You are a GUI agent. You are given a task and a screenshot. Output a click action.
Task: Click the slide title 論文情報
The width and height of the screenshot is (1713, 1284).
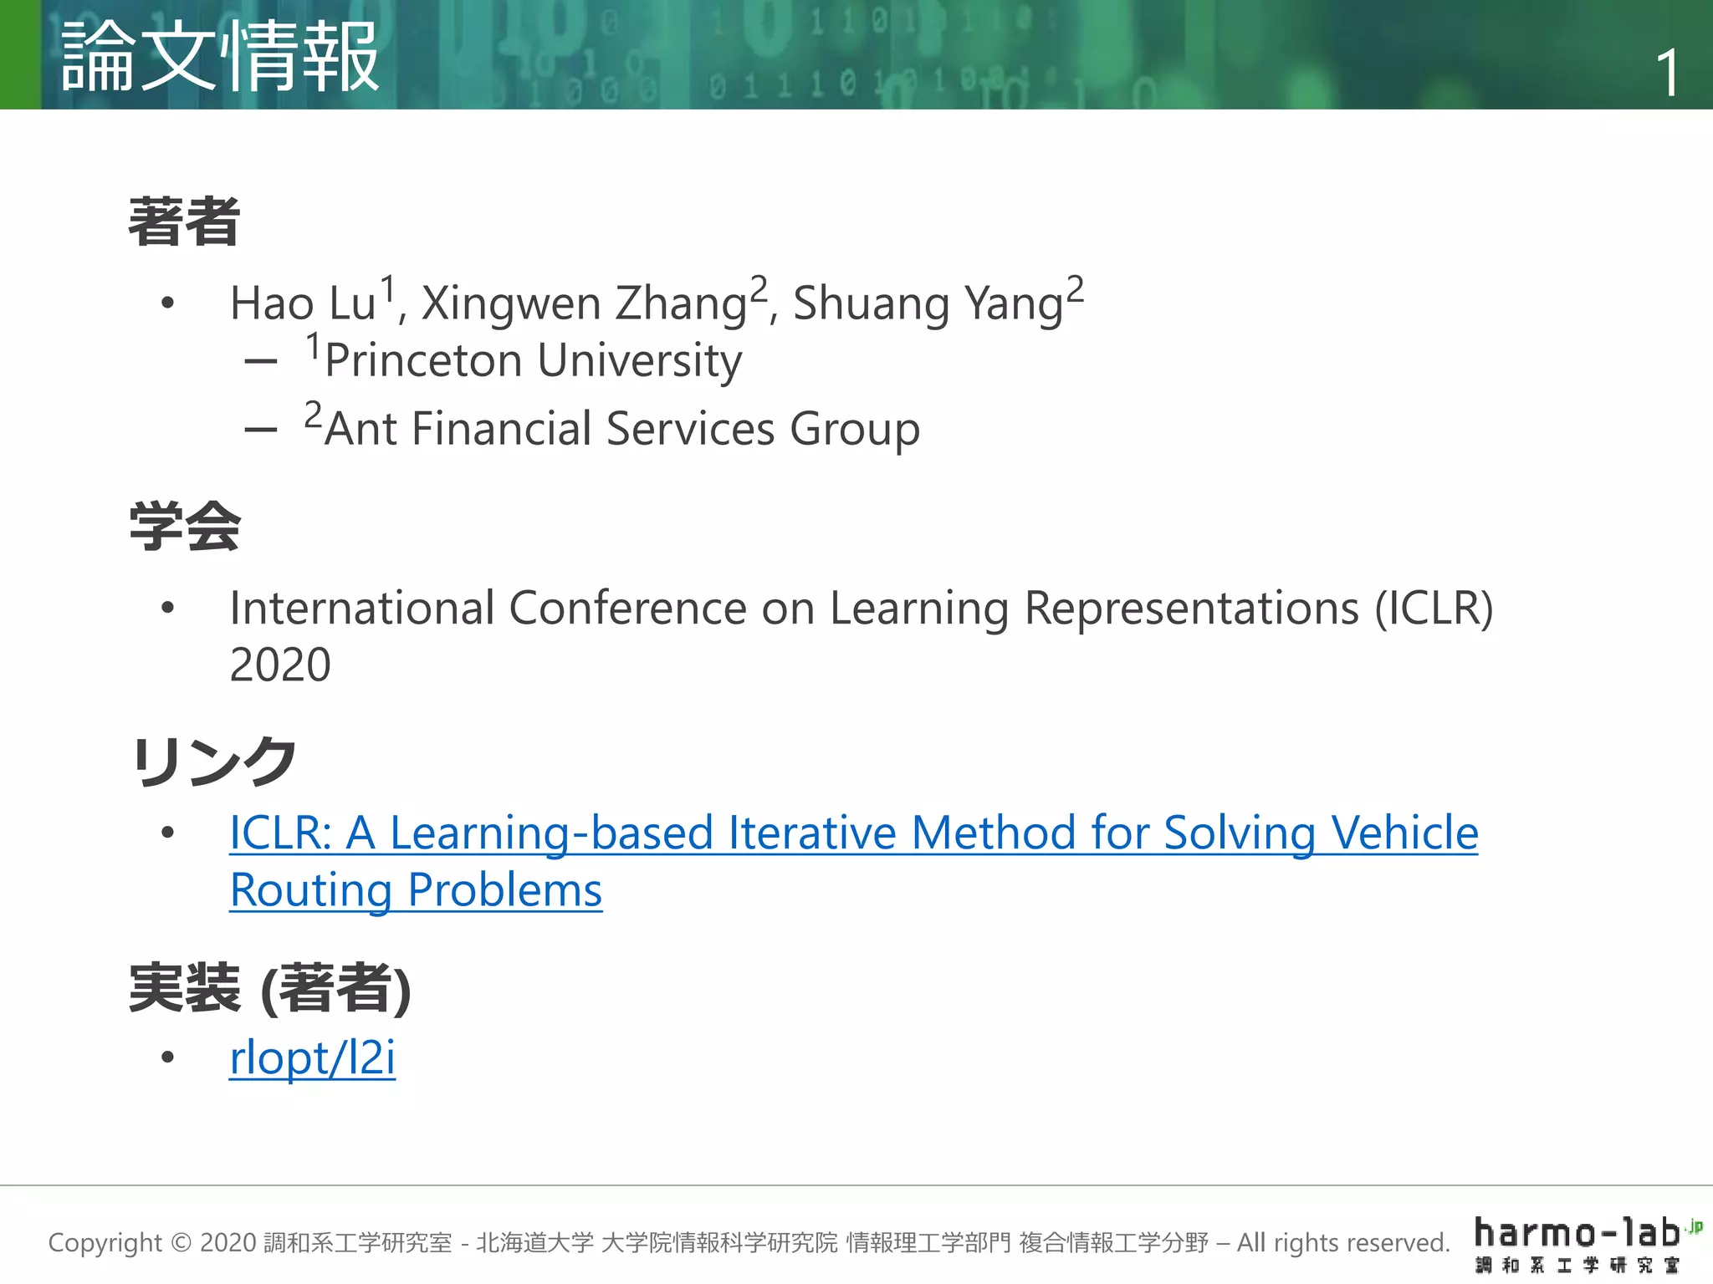[x=221, y=57]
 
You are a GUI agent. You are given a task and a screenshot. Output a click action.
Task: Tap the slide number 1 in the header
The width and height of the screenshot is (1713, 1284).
[x=1667, y=74]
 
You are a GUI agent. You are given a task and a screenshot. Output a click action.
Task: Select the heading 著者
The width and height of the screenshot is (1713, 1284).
[x=185, y=222]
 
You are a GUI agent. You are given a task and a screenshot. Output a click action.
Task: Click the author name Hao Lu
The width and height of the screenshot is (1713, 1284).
[x=303, y=303]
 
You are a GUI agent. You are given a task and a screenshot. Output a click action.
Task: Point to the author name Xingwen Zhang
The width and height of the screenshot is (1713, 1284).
[x=584, y=304]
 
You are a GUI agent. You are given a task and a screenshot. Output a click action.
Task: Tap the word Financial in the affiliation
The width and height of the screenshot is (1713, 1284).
[x=501, y=430]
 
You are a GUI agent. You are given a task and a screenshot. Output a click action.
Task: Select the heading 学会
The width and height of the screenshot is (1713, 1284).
[x=185, y=527]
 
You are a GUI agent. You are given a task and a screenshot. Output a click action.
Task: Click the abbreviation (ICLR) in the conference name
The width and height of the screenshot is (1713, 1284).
[x=1434, y=609]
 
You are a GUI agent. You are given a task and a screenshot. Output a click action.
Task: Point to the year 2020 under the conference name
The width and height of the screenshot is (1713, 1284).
[x=280, y=665]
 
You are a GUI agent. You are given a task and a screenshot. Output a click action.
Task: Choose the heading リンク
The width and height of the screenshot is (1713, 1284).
[x=213, y=761]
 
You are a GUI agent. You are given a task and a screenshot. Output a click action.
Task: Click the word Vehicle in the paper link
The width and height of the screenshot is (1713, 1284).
[x=1405, y=833]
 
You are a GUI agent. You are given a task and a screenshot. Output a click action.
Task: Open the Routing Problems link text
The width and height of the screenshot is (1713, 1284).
[x=416, y=890]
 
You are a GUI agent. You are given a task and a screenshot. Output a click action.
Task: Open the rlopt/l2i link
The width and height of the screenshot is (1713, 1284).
[x=312, y=1058]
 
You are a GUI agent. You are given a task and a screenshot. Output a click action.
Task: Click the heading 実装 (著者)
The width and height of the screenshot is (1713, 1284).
[x=269, y=988]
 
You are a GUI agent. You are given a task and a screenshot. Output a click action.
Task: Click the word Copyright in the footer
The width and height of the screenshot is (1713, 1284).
[x=105, y=1243]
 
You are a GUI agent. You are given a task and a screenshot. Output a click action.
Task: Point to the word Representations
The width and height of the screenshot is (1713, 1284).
[x=1191, y=609]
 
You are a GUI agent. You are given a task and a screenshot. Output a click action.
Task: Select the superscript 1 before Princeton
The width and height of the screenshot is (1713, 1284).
[x=313, y=345]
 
